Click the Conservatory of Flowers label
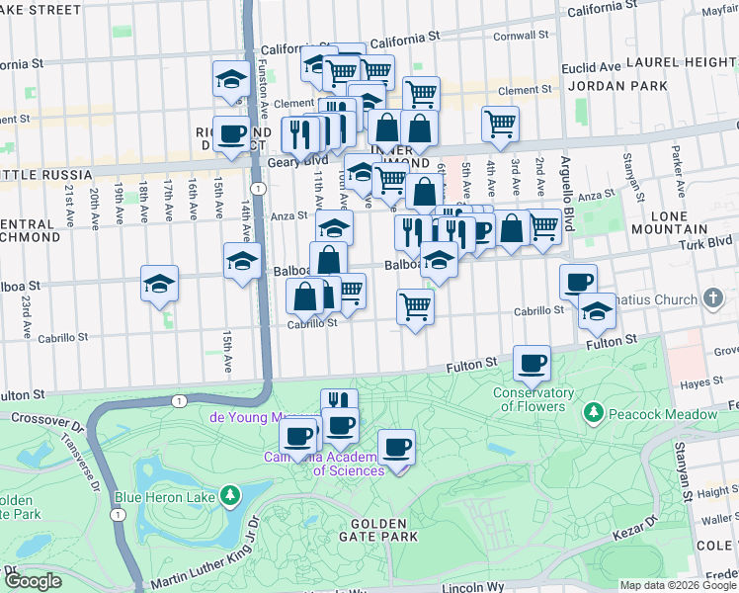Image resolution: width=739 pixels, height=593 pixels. (534, 399)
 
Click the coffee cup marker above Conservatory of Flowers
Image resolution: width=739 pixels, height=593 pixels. (533, 364)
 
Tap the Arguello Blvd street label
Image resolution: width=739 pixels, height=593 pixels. (566, 198)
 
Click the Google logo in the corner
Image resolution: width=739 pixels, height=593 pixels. (33, 581)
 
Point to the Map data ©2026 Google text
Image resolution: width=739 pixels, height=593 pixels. (677, 585)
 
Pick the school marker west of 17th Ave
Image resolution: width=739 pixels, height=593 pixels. (159, 284)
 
